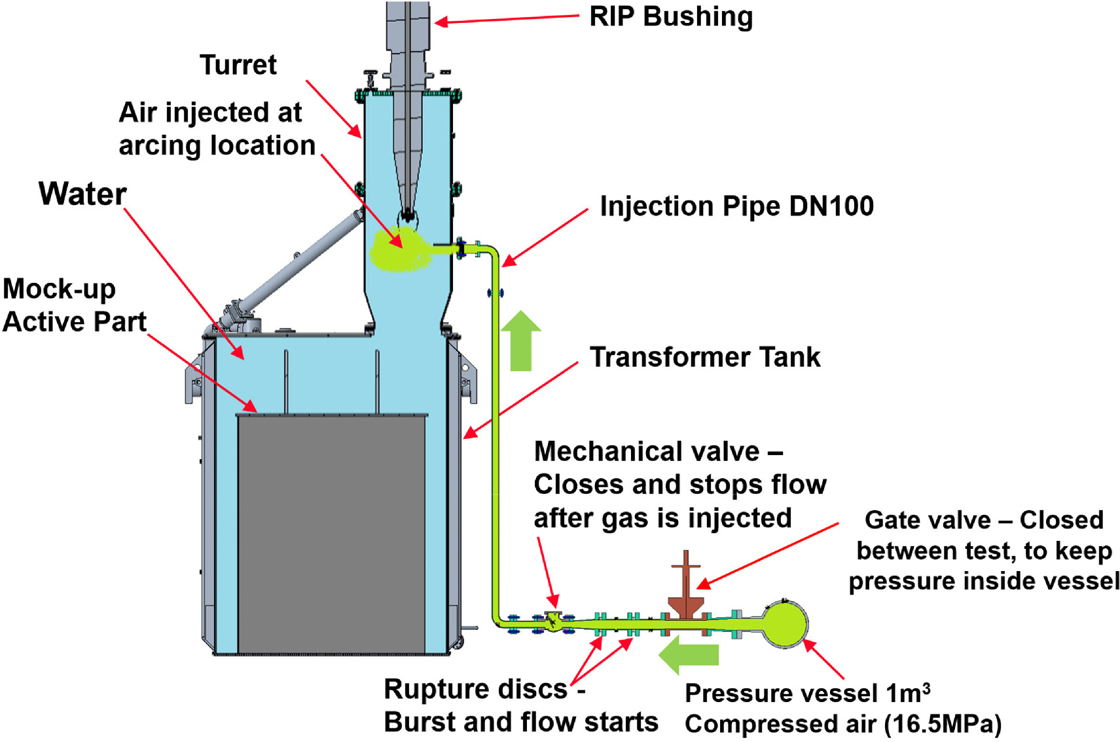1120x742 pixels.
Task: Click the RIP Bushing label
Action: (670, 17)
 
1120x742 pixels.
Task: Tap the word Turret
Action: (238, 65)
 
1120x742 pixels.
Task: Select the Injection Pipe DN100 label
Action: (736, 206)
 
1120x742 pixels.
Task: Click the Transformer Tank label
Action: (704, 358)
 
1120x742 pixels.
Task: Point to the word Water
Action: (82, 194)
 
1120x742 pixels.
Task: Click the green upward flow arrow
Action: (520, 341)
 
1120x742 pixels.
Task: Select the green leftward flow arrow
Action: (689, 656)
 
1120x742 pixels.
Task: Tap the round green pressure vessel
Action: (785, 623)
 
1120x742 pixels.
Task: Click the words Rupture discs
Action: (475, 690)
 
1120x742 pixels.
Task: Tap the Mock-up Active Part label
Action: (73, 306)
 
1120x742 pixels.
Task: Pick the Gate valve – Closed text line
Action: (983, 520)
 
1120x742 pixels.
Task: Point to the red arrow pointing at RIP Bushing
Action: (507, 20)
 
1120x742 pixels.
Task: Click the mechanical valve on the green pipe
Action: (554, 620)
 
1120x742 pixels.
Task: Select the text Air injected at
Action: (210, 113)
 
